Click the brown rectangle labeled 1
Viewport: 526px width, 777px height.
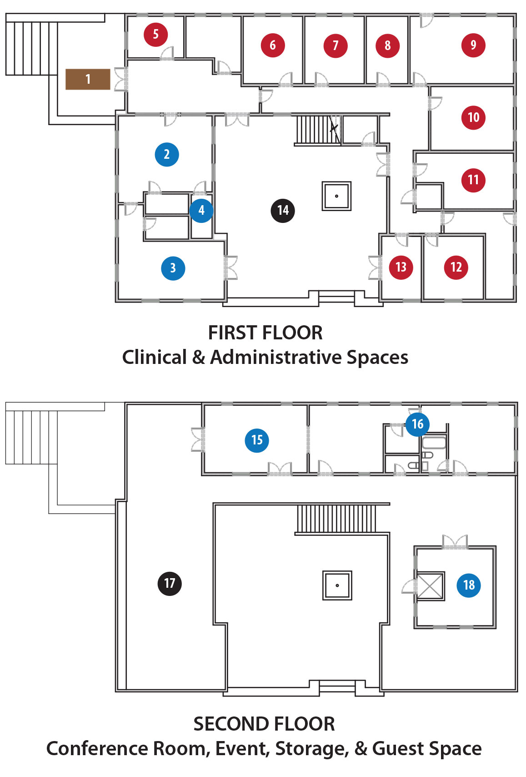point(88,79)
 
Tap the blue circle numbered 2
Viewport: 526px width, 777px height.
point(167,154)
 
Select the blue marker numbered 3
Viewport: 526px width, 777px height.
point(173,268)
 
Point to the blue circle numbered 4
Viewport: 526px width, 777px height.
point(201,211)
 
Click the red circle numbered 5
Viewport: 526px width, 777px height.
point(155,34)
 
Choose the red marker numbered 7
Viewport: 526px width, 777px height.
point(336,45)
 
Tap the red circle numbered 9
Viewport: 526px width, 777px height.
point(473,45)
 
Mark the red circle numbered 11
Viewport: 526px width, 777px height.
point(473,180)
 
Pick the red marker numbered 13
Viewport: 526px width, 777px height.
point(401,267)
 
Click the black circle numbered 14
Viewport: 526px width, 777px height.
point(283,211)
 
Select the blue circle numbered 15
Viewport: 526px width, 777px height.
point(257,440)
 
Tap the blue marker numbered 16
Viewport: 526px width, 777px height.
point(417,424)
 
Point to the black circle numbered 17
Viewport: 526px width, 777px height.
point(170,584)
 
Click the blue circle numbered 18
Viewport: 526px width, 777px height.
point(469,585)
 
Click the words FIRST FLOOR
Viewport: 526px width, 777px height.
point(265,333)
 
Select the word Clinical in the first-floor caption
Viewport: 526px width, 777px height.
point(155,357)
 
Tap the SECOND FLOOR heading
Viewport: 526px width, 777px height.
point(264,724)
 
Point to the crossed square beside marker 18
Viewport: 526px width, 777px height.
point(430,586)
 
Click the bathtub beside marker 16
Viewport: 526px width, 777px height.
point(433,443)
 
